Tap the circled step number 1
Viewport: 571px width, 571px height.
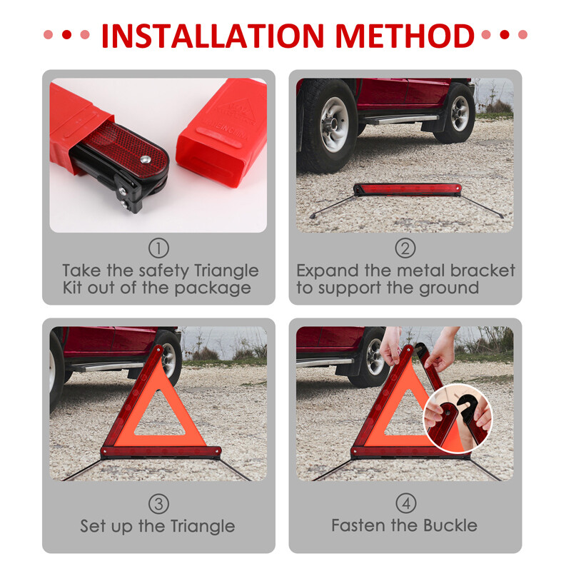coord(158,248)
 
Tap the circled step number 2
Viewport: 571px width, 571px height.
coord(405,248)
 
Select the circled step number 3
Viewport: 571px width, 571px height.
coord(158,503)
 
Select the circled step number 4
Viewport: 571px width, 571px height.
coord(405,503)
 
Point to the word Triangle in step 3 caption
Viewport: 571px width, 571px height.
coord(195,527)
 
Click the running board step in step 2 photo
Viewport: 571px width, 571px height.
coord(400,119)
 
